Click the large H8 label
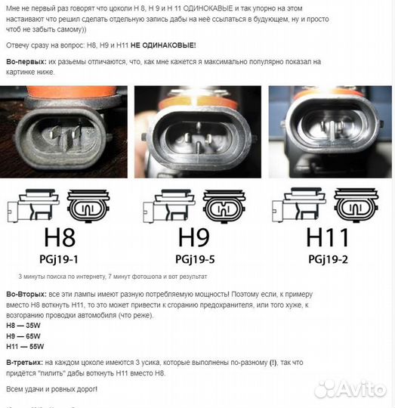coord(60,237)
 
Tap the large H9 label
coord(194,237)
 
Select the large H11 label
coord(327,237)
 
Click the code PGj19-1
coord(59,259)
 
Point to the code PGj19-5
coord(195,259)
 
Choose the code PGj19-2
coord(328,259)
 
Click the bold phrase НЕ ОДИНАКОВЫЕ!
coord(163,45)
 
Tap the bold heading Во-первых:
coord(26,62)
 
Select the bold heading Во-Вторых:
coord(26,295)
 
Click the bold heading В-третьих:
coord(25,363)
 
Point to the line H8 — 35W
coord(23,326)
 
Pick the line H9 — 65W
coord(23,336)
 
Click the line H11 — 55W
coord(25,347)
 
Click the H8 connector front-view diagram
coord(88,206)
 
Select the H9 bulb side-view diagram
coord(168,206)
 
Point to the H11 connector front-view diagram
coord(356,205)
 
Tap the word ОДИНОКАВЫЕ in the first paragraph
coord(208,8)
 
